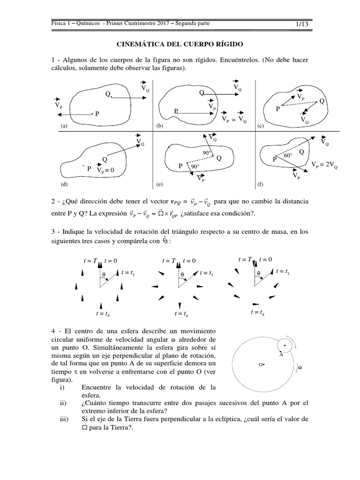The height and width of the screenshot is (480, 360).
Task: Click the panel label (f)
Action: [261, 184]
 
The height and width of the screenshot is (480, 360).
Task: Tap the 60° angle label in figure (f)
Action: [287, 155]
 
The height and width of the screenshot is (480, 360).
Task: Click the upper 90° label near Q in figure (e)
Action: [207, 153]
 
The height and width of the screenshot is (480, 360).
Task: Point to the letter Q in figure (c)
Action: [321, 101]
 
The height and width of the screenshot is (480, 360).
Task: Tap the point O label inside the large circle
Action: [262, 363]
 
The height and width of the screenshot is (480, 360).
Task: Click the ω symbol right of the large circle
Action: [300, 368]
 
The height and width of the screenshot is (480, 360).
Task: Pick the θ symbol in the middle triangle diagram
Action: [182, 275]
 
